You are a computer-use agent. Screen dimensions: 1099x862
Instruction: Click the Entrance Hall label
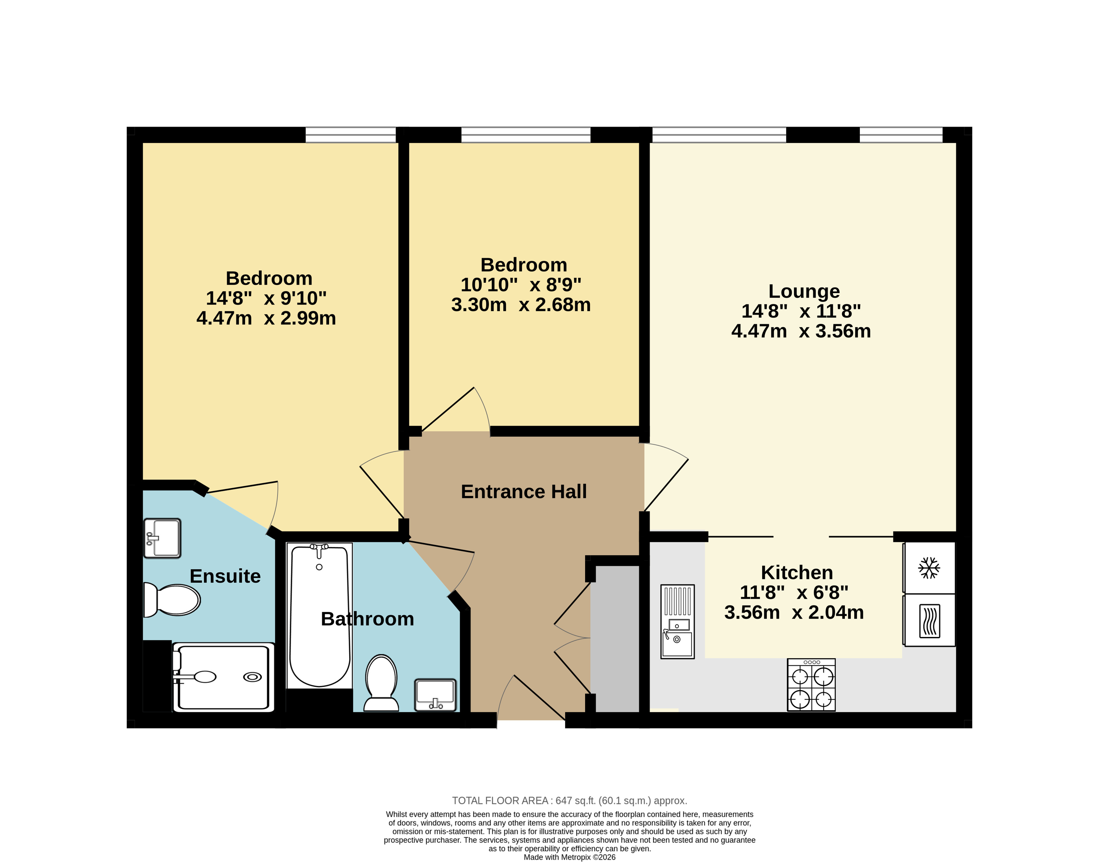524,491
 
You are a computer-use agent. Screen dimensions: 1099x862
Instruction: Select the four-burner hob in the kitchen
811,685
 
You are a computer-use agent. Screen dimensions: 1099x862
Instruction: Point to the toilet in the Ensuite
171,600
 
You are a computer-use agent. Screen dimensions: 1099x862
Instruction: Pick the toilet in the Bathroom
381,683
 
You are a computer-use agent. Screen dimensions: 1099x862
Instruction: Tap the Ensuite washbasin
162,538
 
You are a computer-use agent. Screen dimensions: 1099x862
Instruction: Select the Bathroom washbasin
436,695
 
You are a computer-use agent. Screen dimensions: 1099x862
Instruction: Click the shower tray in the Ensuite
223,677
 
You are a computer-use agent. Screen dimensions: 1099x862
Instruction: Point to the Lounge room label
804,291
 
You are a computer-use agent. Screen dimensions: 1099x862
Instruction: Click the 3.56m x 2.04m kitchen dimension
794,612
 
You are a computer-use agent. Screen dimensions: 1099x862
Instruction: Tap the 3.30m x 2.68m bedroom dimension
521,305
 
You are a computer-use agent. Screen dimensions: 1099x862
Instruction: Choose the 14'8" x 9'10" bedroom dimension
266,298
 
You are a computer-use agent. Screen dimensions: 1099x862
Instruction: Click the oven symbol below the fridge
929,621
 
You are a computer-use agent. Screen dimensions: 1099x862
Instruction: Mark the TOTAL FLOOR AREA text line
569,801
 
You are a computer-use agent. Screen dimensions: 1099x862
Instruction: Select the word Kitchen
797,572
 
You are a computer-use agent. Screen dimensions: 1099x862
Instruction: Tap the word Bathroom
367,619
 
